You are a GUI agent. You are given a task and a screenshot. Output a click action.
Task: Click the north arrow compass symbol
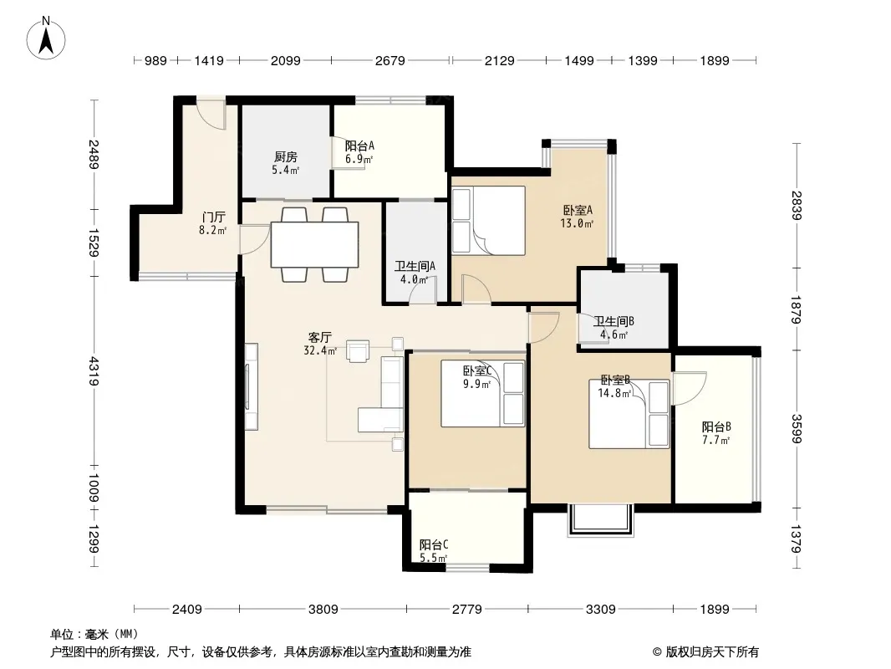click(46, 38)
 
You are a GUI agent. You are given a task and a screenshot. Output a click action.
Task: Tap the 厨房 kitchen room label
click(285, 157)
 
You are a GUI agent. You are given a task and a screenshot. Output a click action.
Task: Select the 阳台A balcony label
click(359, 146)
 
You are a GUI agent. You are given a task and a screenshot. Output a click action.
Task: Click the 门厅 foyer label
click(214, 217)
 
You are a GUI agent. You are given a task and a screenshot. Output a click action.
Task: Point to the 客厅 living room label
click(320, 338)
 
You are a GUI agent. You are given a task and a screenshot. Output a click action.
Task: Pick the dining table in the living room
click(314, 244)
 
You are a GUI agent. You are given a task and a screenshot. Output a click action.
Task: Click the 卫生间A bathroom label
click(415, 266)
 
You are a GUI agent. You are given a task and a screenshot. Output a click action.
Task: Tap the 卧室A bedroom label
click(578, 210)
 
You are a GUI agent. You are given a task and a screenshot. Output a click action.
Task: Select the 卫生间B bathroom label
click(614, 321)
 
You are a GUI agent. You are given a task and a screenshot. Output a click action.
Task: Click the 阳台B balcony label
click(716, 426)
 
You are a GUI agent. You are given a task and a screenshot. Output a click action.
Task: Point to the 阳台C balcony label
click(434, 545)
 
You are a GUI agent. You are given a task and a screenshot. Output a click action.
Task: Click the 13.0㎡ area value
click(577, 223)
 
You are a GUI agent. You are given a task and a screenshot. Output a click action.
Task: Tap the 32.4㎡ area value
click(320, 350)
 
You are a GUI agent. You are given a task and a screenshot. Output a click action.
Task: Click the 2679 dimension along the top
click(389, 60)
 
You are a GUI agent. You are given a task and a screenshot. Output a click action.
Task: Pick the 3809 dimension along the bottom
click(323, 610)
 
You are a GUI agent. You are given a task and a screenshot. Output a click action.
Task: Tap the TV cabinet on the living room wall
click(251, 386)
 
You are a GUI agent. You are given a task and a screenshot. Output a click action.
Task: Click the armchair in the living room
click(358, 350)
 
